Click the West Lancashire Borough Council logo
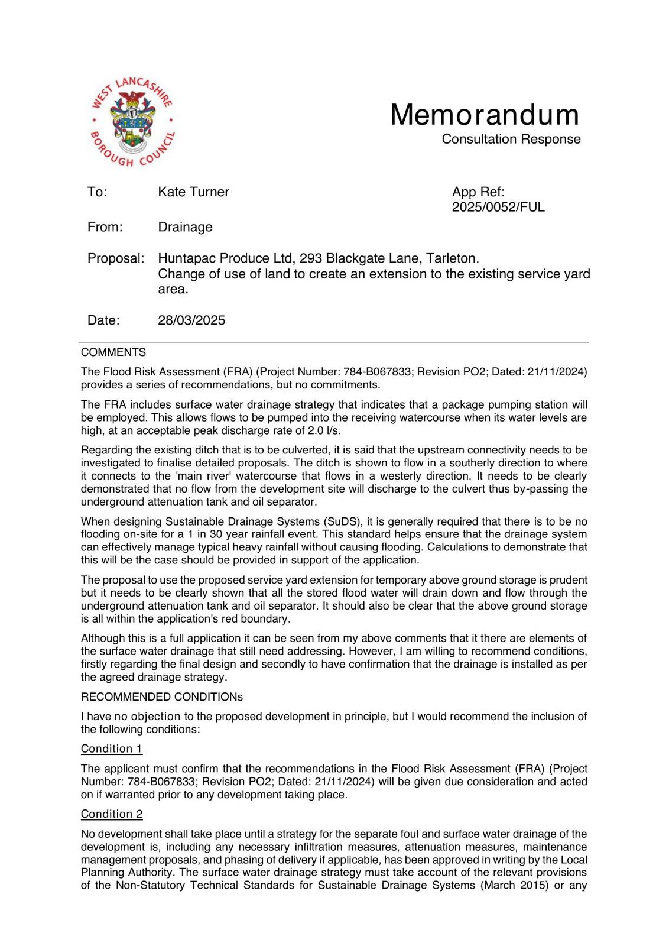coord(132,124)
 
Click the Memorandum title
coord(484,115)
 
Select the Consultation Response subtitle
coord(511,139)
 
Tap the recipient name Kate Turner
coord(193,192)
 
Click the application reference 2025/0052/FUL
coord(498,208)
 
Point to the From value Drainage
coord(185,227)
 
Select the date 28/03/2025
coord(191,320)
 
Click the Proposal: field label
coord(116,259)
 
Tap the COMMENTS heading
coord(113,352)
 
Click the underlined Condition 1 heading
coord(112,749)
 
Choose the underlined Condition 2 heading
coord(112,814)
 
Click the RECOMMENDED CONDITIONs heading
coord(162,697)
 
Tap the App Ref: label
coord(478,192)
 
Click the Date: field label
coord(103,320)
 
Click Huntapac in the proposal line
coord(184,259)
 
